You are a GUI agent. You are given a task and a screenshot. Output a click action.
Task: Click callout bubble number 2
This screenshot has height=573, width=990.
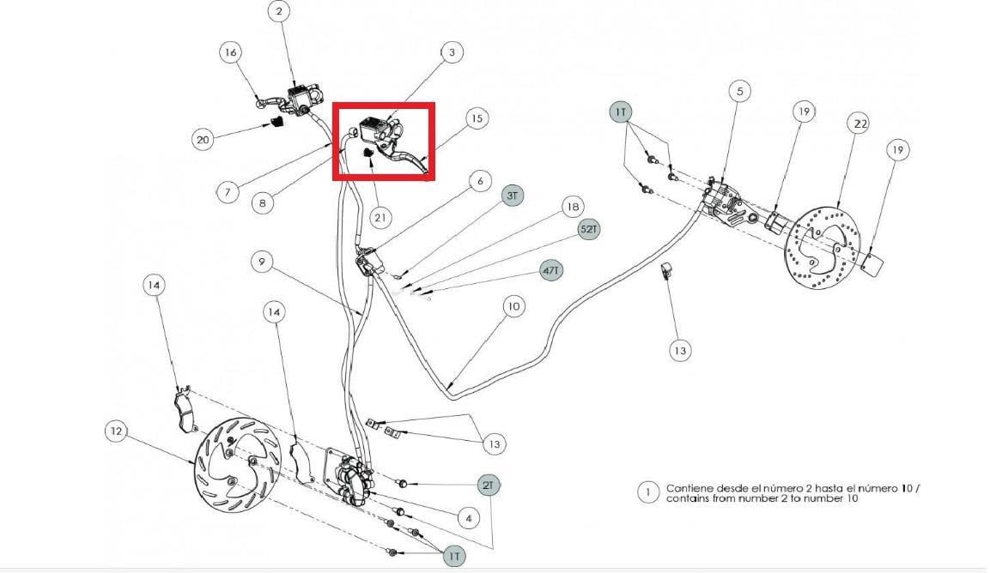tap(279, 11)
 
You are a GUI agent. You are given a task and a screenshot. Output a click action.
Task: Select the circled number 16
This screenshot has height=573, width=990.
tap(231, 51)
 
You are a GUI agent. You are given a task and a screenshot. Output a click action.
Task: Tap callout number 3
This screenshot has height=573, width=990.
tap(452, 52)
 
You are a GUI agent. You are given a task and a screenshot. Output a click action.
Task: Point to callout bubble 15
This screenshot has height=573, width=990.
tap(477, 118)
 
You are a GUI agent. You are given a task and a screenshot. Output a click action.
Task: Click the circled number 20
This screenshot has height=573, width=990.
tap(203, 139)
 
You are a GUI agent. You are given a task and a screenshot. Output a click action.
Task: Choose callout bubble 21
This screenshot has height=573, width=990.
tap(380, 218)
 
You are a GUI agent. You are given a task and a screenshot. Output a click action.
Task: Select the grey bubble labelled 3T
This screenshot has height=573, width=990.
tap(512, 196)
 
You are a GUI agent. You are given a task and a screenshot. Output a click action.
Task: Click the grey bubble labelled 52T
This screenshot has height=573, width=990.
tap(588, 230)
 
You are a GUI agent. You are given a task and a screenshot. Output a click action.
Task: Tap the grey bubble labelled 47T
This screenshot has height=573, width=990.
tap(551, 271)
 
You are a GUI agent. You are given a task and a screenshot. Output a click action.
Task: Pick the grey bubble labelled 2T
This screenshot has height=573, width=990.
tap(488, 486)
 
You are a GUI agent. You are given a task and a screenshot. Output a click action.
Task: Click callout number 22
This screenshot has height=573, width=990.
tap(860, 124)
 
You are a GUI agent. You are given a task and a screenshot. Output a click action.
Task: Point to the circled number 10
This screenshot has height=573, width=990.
tap(514, 307)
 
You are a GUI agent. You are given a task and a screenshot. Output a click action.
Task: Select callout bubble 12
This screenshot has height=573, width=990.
tap(116, 431)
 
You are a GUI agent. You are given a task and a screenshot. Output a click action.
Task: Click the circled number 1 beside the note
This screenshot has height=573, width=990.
tap(647, 492)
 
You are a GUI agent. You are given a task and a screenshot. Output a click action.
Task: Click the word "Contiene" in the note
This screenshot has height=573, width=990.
tap(690, 488)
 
